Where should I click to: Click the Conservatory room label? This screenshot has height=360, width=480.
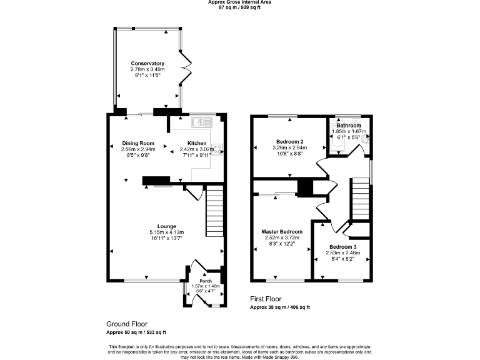(x=147, y=63)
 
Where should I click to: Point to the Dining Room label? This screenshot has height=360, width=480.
(x=138, y=143)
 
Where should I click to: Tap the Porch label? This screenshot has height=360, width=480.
(x=206, y=281)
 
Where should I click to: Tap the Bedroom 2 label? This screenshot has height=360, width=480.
(x=289, y=141)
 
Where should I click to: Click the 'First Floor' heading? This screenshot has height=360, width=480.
(x=266, y=299)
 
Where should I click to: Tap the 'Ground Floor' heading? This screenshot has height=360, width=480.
(x=126, y=324)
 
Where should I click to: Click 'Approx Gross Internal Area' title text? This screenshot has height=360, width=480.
(x=240, y=2)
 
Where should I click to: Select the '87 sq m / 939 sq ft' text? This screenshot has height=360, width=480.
(x=240, y=8)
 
